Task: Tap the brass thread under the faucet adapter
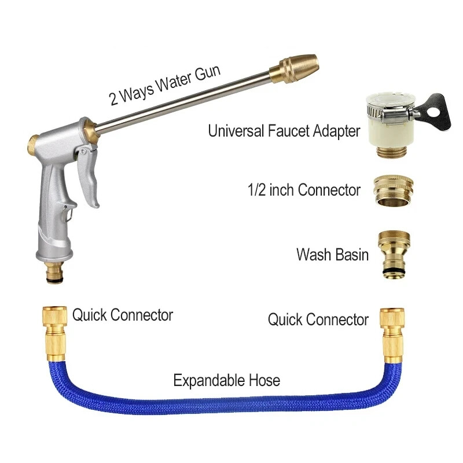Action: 392,150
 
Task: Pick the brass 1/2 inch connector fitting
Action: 394,191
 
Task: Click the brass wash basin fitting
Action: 394,255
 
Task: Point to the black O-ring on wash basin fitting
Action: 394,271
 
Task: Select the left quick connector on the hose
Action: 55,335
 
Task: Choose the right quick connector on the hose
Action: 392,335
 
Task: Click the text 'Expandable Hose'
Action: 226,381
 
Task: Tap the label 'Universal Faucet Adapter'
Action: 284,131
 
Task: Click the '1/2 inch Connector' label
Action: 304,190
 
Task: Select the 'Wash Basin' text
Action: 332,255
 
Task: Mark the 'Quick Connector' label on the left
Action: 123,315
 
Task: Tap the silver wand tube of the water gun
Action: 183,102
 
